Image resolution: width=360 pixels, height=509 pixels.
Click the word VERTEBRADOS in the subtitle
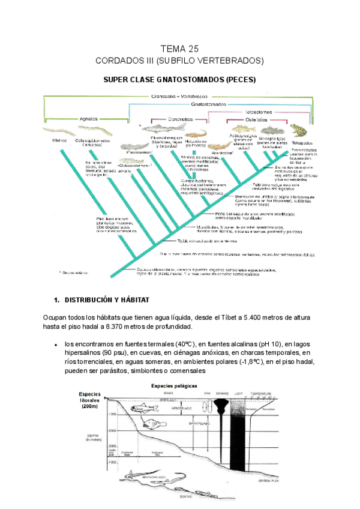[x=232, y=61]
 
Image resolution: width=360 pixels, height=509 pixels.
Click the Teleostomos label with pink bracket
[x=254, y=111]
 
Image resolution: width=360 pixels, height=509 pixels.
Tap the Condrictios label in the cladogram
[x=180, y=119]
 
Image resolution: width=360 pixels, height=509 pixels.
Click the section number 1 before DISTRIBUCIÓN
[x=56, y=299]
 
